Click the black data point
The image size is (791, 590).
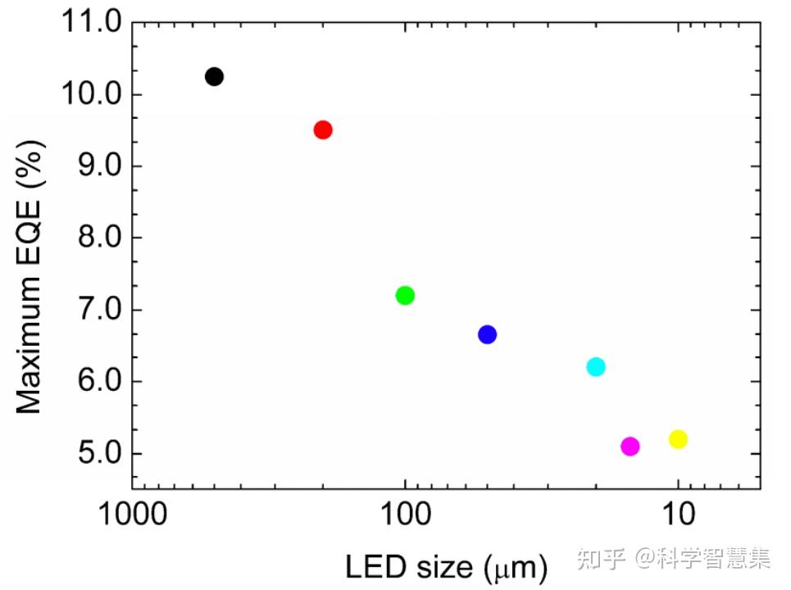[x=214, y=76]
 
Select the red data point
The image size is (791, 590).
[x=323, y=129]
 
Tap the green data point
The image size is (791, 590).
[x=405, y=295]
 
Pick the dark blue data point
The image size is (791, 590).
[x=488, y=334]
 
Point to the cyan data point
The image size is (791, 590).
[x=596, y=366]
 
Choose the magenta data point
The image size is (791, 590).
[x=630, y=447]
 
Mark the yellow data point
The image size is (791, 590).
[x=678, y=439]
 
